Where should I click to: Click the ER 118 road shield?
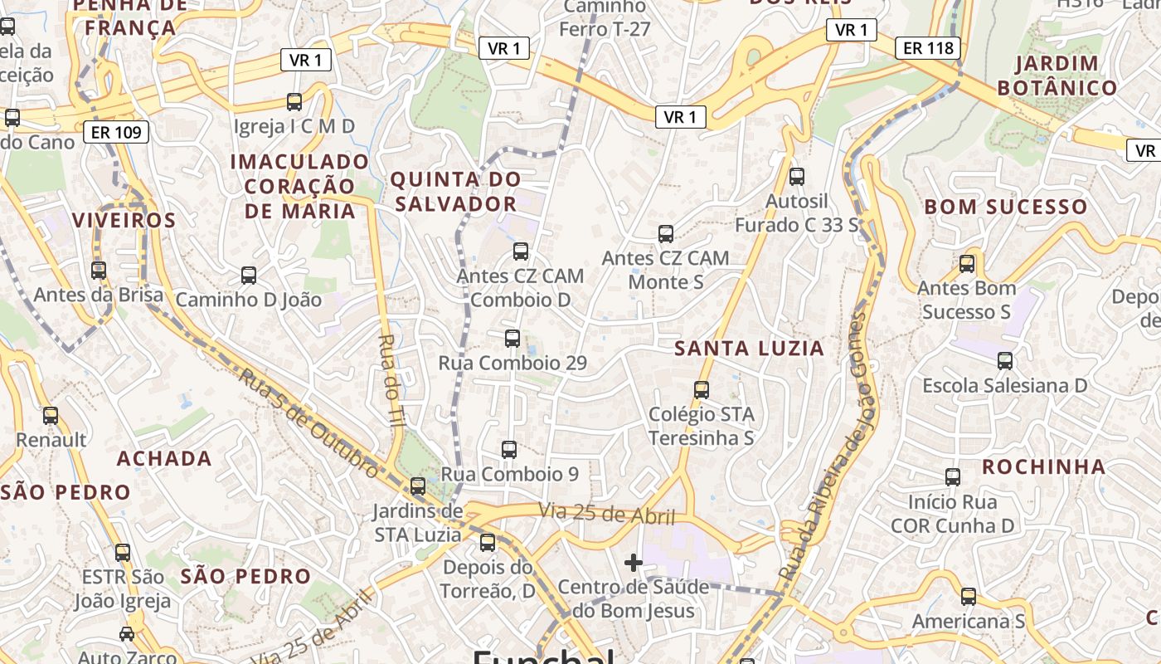point(928,48)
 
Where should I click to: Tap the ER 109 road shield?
point(116,131)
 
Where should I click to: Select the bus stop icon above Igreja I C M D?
point(294,102)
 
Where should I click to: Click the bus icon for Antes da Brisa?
point(99,270)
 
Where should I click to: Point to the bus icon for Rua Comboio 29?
point(512,338)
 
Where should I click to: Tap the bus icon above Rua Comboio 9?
point(509,450)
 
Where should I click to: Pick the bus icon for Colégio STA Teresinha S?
point(702,389)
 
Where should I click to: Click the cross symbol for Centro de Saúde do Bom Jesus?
point(634,563)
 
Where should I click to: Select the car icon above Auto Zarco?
point(127,634)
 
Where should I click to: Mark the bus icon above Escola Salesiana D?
point(1005,361)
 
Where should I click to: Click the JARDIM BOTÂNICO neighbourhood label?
point(1057,76)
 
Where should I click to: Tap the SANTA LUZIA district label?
point(750,349)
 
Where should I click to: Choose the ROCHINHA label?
point(1044,466)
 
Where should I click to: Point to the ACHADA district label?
point(164,458)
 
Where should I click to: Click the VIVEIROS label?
point(124,220)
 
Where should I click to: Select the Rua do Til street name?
point(391,381)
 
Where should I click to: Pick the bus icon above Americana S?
point(968,596)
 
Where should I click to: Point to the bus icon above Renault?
point(51,415)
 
